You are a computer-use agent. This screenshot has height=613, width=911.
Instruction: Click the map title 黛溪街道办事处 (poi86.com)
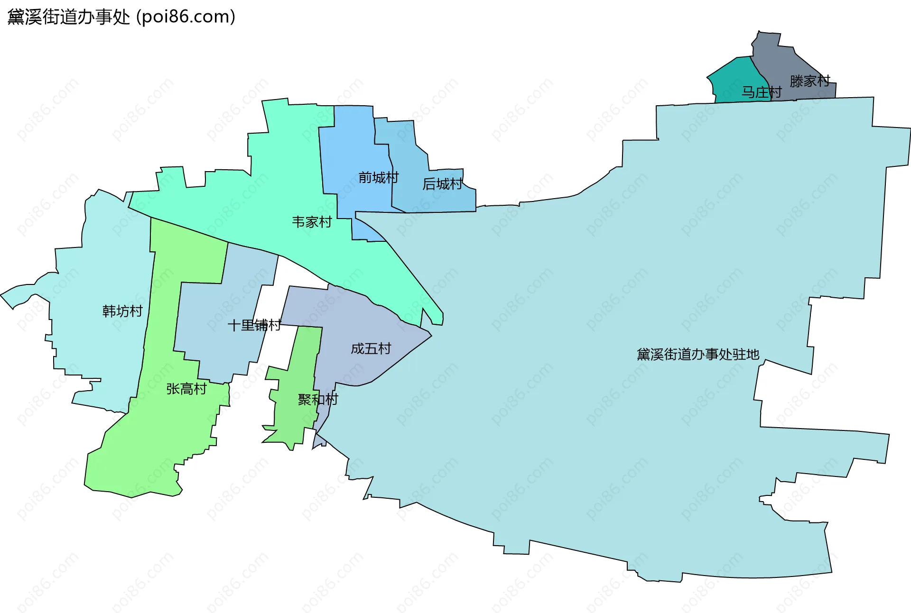point(121,17)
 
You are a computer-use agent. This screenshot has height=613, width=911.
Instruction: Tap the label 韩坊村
point(122,311)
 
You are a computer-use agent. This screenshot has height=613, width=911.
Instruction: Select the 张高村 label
point(186,389)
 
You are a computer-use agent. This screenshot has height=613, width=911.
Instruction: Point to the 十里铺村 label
point(254,325)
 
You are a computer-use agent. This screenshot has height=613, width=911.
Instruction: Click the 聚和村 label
point(318,399)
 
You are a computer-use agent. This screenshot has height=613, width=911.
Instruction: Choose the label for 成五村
point(371,348)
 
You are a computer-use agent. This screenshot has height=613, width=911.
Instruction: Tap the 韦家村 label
point(312,222)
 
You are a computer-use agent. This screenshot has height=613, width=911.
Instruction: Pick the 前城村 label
point(378,177)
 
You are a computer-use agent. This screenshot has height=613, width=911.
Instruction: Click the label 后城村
point(442,184)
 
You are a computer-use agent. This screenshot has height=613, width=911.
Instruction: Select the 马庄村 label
point(762,92)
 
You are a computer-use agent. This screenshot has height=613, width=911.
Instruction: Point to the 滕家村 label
point(810,81)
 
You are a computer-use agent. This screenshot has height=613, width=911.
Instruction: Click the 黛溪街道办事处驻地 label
point(698,354)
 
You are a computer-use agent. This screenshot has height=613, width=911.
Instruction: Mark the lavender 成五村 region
point(361,322)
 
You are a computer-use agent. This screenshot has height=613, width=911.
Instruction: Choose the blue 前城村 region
point(351,142)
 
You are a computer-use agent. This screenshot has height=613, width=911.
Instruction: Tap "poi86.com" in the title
point(186,17)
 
